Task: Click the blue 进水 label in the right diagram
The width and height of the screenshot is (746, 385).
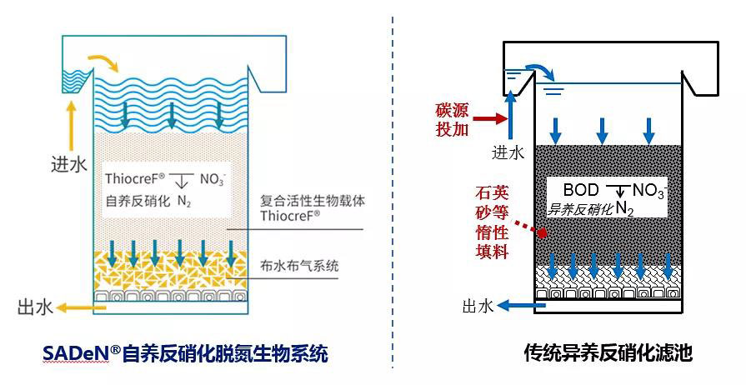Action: (x=508, y=152)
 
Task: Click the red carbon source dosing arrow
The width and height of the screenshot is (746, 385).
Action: (x=493, y=119)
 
